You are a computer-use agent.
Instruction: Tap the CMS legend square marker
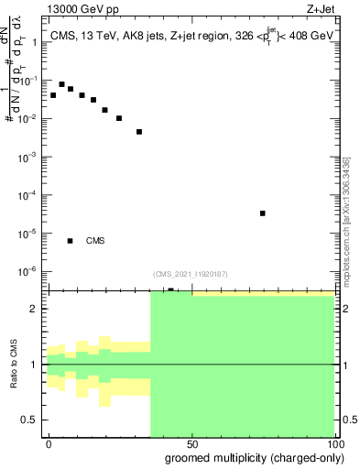click(71, 241)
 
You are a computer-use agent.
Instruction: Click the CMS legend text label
click(95, 241)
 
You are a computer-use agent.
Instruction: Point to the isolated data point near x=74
click(262, 213)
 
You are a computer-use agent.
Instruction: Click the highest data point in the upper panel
click(61, 84)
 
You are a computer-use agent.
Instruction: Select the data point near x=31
click(139, 132)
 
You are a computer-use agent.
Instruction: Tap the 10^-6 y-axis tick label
click(29, 271)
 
